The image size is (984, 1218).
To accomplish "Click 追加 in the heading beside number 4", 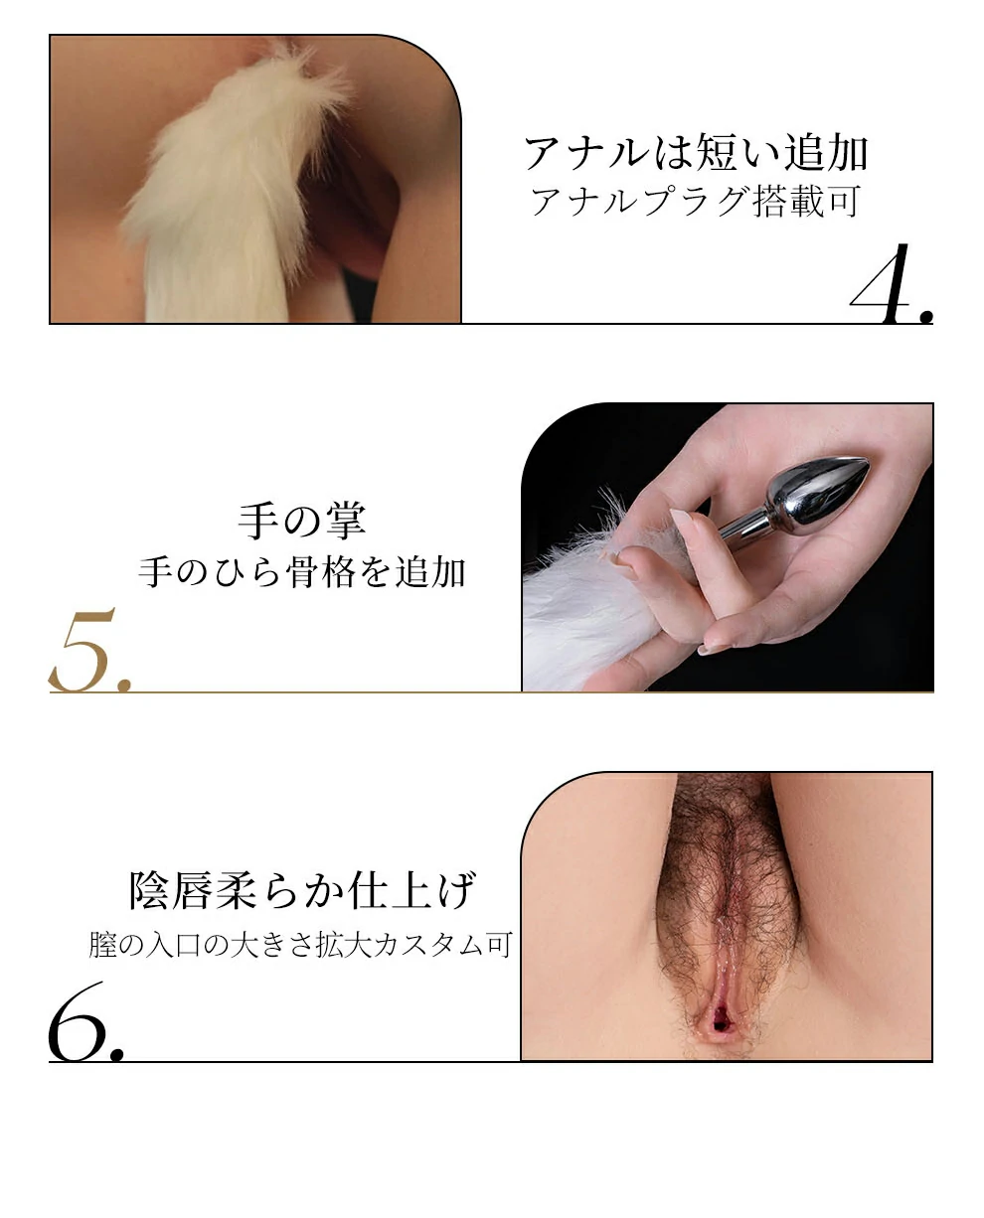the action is pyautogui.click(x=826, y=153).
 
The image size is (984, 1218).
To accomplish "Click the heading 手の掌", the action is pyautogui.click(x=301, y=521).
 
